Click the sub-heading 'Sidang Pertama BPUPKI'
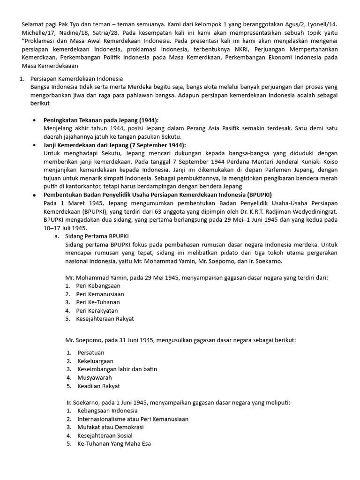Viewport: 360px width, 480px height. [x=98, y=236]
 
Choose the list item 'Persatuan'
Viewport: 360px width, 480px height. [x=91, y=352]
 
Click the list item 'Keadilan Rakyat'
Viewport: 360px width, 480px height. [x=98, y=386]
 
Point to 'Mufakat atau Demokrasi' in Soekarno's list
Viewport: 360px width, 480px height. [x=110, y=427]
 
